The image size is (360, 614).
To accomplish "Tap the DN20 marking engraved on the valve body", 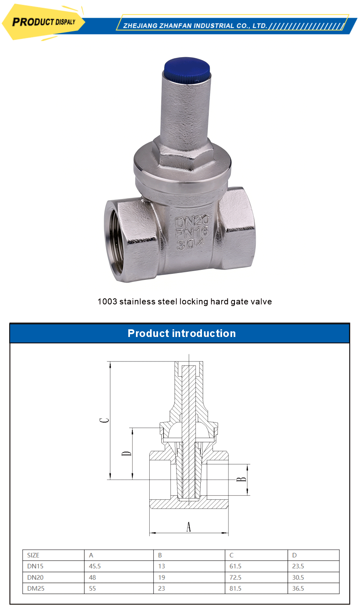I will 192,221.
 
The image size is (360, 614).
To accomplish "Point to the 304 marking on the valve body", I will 191,243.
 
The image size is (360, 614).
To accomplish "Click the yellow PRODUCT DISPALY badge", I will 43,22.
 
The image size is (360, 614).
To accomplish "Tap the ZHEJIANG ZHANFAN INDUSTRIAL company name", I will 195,26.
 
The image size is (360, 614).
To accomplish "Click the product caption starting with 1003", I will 185,302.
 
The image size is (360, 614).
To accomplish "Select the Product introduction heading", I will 181,333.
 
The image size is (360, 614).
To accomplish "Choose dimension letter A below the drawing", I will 189,526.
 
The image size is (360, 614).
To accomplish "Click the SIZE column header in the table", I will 33,555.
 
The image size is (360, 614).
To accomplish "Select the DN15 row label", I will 35,566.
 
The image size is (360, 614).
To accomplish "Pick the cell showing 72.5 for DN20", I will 236,577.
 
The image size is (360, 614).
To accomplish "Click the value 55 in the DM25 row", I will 93,588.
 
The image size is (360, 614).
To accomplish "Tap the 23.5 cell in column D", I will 298,566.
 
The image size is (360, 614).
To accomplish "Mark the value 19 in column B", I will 162,577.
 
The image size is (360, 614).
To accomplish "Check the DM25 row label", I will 35,588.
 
